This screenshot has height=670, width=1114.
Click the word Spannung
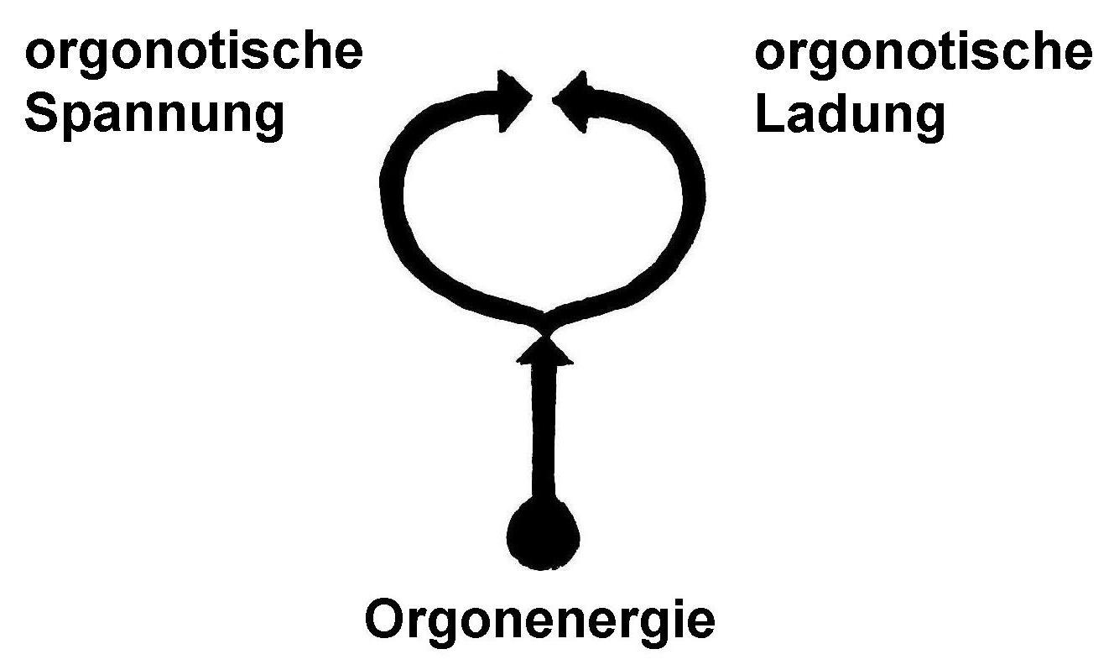point(154,118)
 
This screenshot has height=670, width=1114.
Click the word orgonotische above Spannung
point(194,53)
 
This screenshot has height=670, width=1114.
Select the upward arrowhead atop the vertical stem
point(544,352)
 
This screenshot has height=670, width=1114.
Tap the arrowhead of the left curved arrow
point(513,100)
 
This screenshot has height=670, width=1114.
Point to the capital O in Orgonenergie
point(387,620)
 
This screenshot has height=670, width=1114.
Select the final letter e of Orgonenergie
point(701,624)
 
